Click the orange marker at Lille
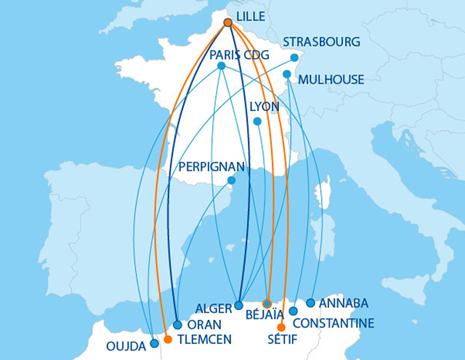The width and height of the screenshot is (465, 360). [x=228, y=22]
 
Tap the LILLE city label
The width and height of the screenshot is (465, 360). [x=251, y=15]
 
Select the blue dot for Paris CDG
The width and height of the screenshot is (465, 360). [x=221, y=66]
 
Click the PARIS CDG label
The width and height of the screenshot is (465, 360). [x=239, y=55]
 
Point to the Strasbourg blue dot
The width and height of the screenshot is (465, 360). [x=294, y=58]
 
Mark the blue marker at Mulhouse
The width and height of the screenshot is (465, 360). [x=287, y=74]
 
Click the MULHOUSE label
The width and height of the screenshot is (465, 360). [x=331, y=79]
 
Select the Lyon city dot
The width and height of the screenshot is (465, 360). [x=257, y=121]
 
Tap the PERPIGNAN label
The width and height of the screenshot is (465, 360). [x=210, y=165]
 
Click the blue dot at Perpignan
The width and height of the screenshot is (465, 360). [x=231, y=180]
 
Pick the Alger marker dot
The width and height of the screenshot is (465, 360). [x=239, y=306]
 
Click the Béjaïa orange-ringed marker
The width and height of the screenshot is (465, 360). [x=267, y=303]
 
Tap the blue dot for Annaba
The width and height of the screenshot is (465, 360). [x=310, y=303]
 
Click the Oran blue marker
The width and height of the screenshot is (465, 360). [x=178, y=325]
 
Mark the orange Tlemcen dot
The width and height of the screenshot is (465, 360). [x=168, y=339]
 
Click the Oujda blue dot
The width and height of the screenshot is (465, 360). [x=154, y=344]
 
